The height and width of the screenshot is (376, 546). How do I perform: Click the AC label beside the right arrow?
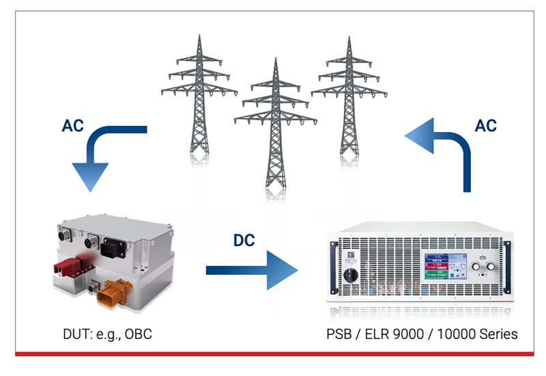pyautogui.click(x=483, y=126)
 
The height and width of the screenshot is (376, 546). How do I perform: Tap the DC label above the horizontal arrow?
pyautogui.click(x=245, y=241)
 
